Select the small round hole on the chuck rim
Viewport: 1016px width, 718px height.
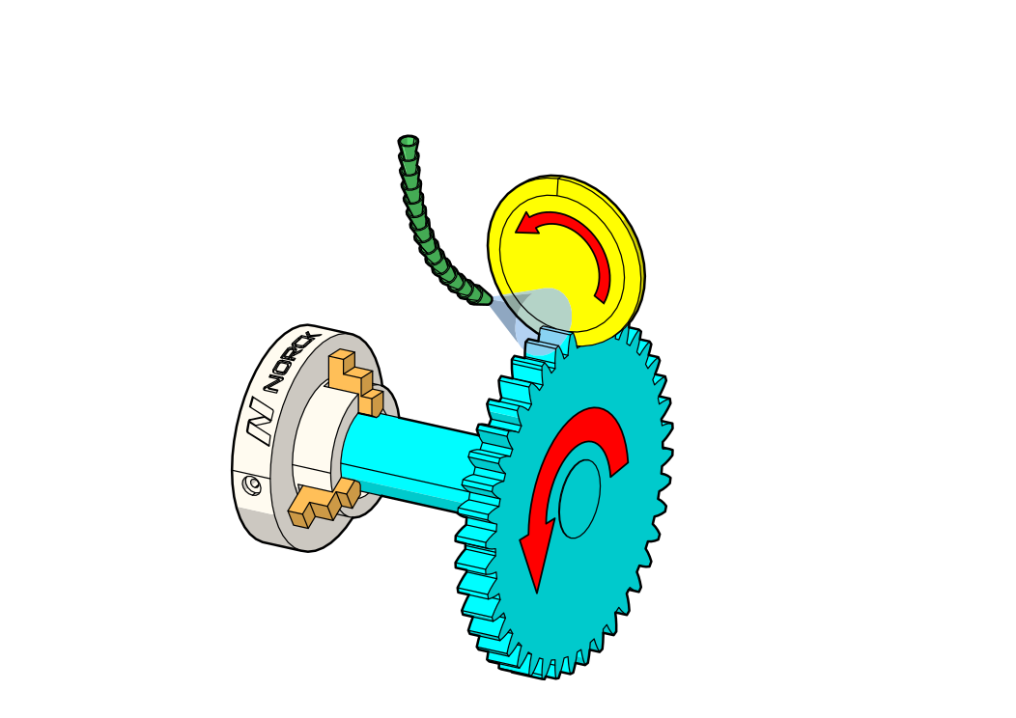point(253,484)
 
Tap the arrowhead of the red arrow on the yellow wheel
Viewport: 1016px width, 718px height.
point(527,225)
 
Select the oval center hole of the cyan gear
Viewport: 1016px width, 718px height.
point(579,499)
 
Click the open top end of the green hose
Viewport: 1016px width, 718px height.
point(408,142)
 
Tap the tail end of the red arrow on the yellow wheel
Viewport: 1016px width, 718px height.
point(603,295)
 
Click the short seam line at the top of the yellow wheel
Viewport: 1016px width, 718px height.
point(558,186)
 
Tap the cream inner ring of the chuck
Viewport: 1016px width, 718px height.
point(314,444)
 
